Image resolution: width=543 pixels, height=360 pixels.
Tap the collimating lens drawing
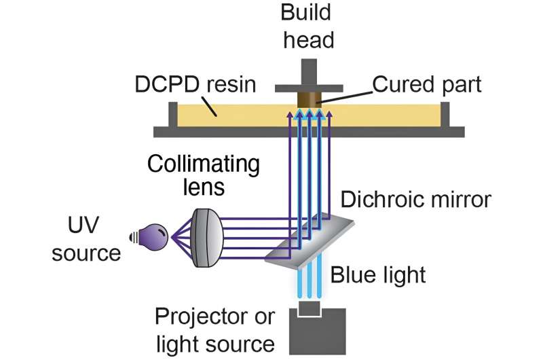(x=207, y=238)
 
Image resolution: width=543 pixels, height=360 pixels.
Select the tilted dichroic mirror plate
(x=310, y=241)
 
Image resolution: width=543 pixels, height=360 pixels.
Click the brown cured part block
(x=310, y=99)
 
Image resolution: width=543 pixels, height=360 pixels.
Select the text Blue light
(x=378, y=274)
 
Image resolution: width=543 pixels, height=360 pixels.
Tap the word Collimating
(x=203, y=164)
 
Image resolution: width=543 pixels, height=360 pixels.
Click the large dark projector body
(x=318, y=331)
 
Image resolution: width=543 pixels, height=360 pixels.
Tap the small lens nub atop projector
(x=310, y=308)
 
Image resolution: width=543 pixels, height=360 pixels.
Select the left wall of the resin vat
(x=173, y=115)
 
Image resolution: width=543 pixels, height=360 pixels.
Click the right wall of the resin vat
(x=445, y=115)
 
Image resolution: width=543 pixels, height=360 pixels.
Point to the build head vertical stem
(x=309, y=72)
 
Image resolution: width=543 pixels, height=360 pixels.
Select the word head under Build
(x=309, y=39)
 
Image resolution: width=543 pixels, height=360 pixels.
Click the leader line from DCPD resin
(x=209, y=106)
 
